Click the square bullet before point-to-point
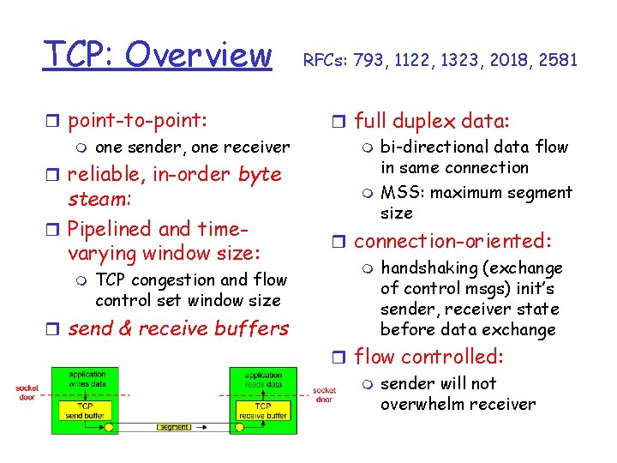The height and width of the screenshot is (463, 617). [x=55, y=119]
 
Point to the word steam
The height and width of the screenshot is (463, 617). [x=97, y=199]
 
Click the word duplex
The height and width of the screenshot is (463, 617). [x=429, y=120]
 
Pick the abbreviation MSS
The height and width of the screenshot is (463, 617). [x=398, y=192]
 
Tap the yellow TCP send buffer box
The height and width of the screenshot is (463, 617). [x=87, y=410]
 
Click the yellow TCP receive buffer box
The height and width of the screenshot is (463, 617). [x=263, y=410]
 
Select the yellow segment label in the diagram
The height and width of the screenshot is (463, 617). [x=175, y=426]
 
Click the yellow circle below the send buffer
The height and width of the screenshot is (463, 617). [x=109, y=425]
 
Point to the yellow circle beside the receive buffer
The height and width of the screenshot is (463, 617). [x=241, y=425]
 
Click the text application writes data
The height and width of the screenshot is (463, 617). [x=87, y=380]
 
